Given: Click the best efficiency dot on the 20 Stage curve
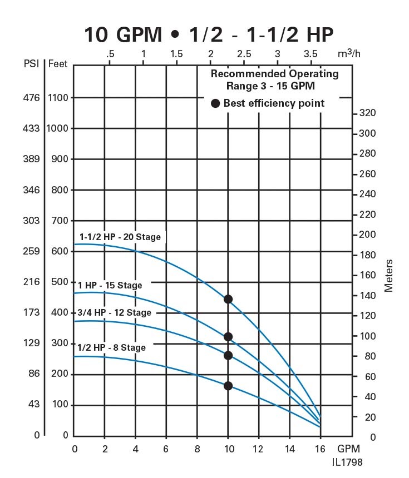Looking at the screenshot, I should (x=228, y=299).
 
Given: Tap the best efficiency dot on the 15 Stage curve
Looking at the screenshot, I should (x=228, y=337).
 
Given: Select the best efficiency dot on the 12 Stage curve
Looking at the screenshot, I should (x=228, y=356).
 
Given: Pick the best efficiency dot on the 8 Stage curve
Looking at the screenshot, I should (x=228, y=386).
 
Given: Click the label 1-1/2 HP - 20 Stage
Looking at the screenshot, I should (x=120, y=237).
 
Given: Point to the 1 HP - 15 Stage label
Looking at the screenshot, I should (x=110, y=285).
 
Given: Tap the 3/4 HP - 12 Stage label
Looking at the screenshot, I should (x=114, y=312).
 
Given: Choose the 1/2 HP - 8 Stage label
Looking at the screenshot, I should (x=111, y=347).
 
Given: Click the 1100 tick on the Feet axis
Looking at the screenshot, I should (x=57, y=98).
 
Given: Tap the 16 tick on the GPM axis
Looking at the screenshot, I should (x=321, y=449).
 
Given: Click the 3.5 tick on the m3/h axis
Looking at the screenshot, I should (x=311, y=54).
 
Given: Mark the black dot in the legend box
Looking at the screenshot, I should (x=215, y=103).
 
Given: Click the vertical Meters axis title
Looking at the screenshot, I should (x=388, y=275).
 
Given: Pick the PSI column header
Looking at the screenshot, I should (x=31, y=63).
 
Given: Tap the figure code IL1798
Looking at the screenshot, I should (x=348, y=462).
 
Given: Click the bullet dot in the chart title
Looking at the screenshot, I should (x=175, y=34).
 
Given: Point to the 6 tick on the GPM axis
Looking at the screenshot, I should (x=166, y=449).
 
